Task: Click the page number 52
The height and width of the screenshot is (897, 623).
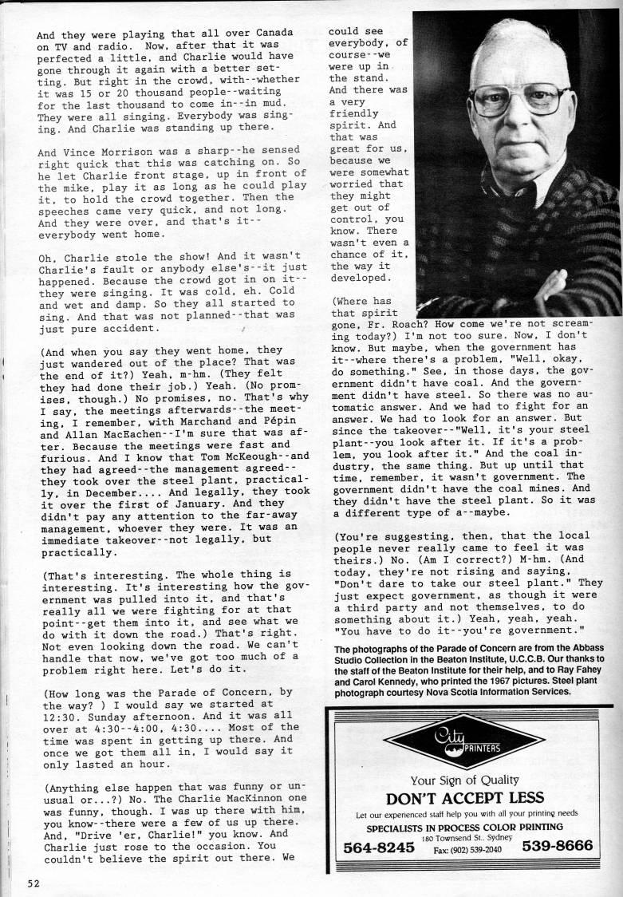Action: pyautogui.click(x=33, y=882)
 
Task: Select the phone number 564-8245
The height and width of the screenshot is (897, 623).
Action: pyautogui.click(x=378, y=847)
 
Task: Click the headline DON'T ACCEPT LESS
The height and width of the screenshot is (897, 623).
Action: pyautogui.click(x=465, y=797)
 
